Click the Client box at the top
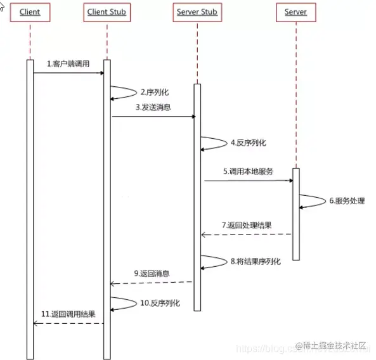[x=30, y=12]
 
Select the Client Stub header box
[x=107, y=12]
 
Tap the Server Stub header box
[x=197, y=12]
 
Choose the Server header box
[x=295, y=12]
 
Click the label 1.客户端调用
[x=68, y=65]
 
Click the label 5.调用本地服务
[x=248, y=171]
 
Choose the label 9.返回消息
[x=152, y=274]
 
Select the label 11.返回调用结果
[x=68, y=314]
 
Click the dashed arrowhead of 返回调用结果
[x=36, y=323]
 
